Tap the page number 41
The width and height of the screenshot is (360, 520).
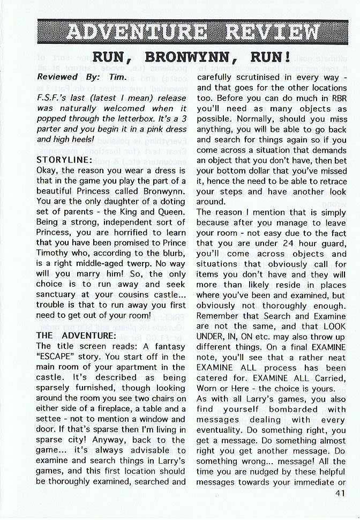[x=339, y=494]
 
